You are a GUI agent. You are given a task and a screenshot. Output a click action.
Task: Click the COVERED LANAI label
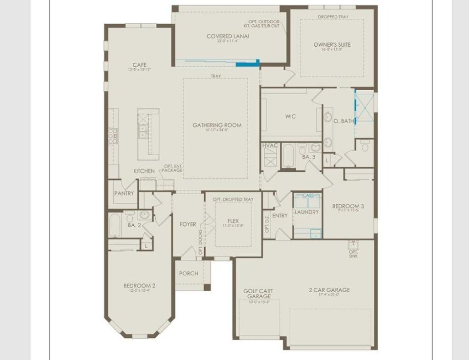[x=228, y=37]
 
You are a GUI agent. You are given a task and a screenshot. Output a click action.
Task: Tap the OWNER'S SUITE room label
[x=332, y=44]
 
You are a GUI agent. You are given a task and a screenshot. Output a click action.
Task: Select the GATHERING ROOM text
[x=217, y=125]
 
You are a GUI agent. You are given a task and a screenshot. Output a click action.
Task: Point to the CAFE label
[x=140, y=65]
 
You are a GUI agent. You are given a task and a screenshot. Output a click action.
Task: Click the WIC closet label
[x=290, y=116]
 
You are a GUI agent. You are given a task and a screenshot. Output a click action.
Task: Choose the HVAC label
[x=270, y=145]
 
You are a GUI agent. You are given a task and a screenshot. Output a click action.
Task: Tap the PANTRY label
[x=124, y=193]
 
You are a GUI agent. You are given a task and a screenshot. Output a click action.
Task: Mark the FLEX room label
[x=234, y=220]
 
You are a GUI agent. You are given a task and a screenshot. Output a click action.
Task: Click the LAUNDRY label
[x=306, y=212]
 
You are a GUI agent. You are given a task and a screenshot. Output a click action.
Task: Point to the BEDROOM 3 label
[x=348, y=206]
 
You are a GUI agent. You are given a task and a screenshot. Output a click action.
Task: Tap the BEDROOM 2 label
[x=139, y=286]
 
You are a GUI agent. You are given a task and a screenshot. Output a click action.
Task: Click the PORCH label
[x=189, y=273]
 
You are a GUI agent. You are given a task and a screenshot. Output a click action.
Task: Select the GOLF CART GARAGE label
[x=258, y=294]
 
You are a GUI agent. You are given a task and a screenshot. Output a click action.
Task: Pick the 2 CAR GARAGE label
[x=329, y=289]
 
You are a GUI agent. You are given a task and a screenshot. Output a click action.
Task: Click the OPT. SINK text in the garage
[x=353, y=254]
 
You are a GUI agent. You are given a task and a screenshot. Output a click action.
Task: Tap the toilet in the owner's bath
[x=365, y=147]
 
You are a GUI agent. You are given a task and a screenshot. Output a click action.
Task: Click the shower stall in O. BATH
[x=365, y=108]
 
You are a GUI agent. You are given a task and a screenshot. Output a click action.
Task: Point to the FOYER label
[x=188, y=224]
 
